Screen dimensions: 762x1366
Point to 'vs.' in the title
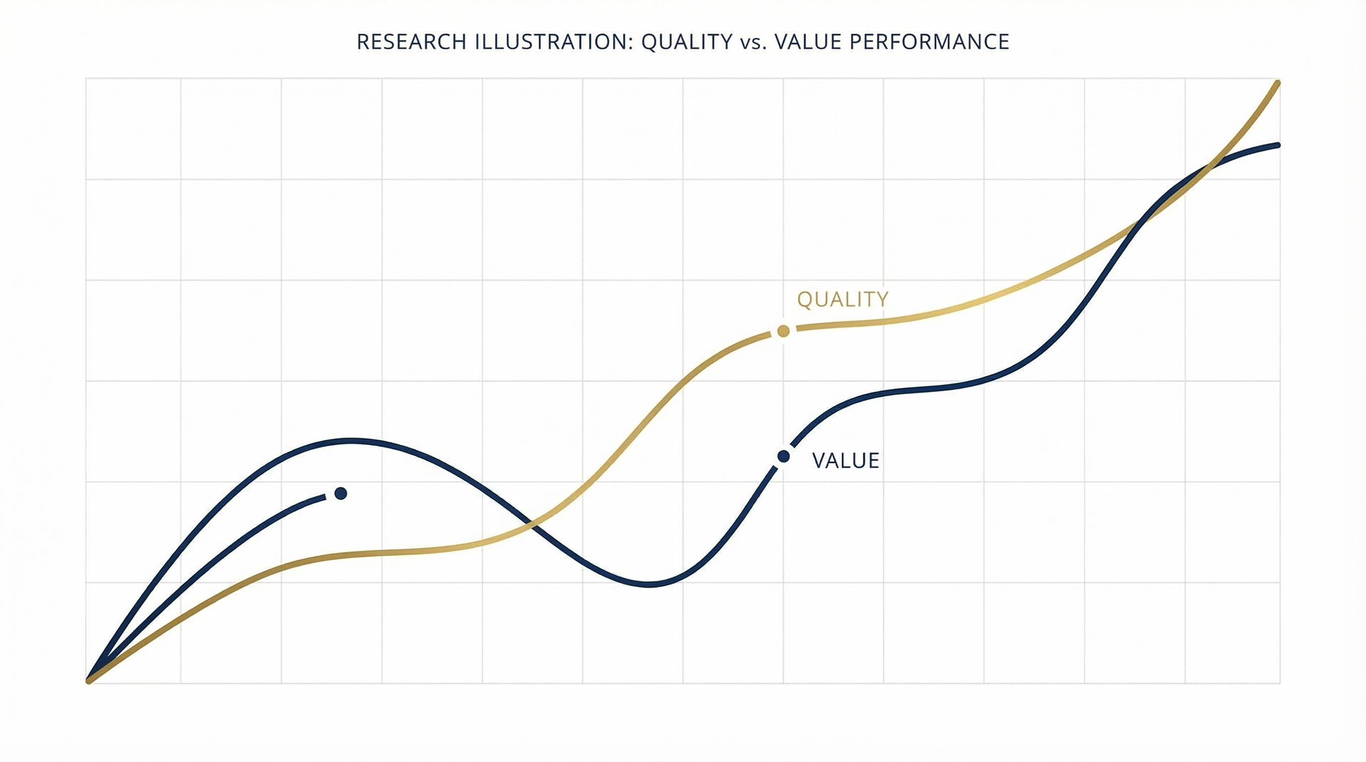pyautogui.click(x=753, y=42)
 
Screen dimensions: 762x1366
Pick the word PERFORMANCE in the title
pyautogui.click(x=929, y=42)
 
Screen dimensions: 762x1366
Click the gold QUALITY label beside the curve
pyautogui.click(x=843, y=300)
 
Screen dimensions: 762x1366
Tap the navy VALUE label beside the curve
pyautogui.click(x=846, y=461)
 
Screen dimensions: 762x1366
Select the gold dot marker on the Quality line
pyautogui.click(x=783, y=332)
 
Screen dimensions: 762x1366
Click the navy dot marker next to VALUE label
pyautogui.click(x=783, y=456)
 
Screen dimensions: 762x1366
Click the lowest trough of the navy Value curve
pyautogui.click(x=650, y=584)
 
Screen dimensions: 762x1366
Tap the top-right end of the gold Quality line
pyautogui.click(x=1278, y=84)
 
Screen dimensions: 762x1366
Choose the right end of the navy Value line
pyautogui.click(x=1278, y=145)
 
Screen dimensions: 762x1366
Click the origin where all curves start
pyautogui.click(x=88, y=681)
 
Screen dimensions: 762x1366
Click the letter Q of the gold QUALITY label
pyautogui.click(x=805, y=300)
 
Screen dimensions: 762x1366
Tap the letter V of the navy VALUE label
pyautogui.click(x=819, y=461)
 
